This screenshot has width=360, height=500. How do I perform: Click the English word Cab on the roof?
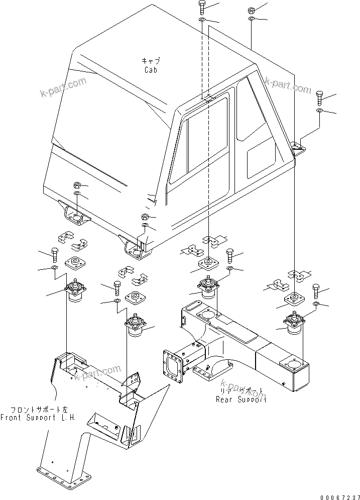tap(151, 70)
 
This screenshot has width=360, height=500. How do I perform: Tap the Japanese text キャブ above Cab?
tap(151, 60)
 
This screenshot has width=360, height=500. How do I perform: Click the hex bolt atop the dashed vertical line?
tap(201, 7)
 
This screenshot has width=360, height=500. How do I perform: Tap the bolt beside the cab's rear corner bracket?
tap(319, 96)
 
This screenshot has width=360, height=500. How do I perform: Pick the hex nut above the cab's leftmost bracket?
tap(76, 184)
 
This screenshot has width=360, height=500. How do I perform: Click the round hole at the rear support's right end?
tap(291, 365)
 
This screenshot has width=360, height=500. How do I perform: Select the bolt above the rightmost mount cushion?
tap(316, 290)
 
